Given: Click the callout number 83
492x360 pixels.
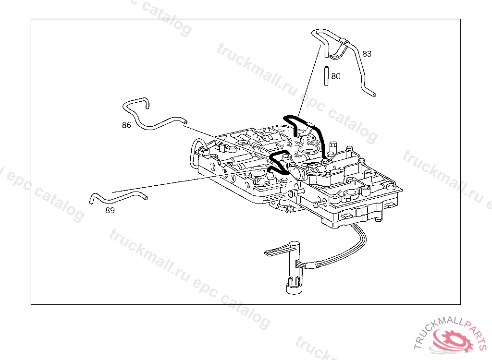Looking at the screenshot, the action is (x=367, y=54).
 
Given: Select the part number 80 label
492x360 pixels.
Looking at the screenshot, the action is (x=336, y=76).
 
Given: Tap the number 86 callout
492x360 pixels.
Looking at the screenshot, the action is (x=126, y=125).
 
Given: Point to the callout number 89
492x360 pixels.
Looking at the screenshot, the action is (x=110, y=210).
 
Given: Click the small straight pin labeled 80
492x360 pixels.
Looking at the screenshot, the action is (x=326, y=75).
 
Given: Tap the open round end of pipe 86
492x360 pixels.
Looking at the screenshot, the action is (x=184, y=123).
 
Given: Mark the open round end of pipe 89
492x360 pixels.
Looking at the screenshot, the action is (x=146, y=197).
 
